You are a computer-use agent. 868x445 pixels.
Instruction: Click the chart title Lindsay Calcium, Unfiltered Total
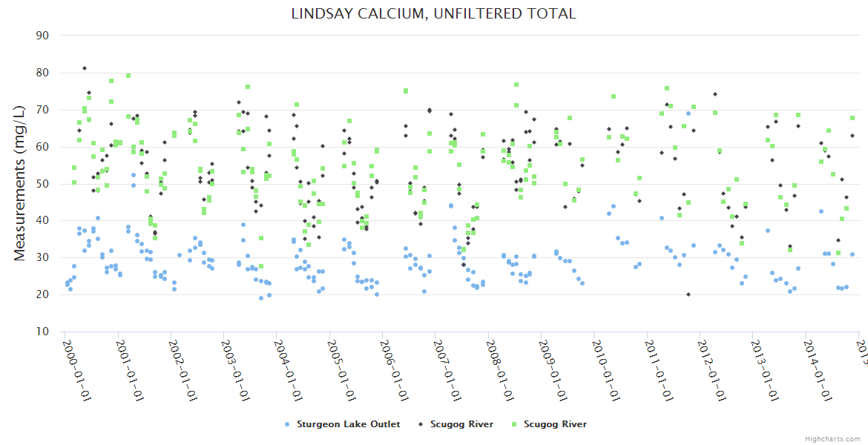coord(433,13)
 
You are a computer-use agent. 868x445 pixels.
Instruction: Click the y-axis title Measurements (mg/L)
coord(19,183)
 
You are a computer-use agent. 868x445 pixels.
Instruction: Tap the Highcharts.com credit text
coord(833,439)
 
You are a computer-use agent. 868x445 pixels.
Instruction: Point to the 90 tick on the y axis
coord(42,36)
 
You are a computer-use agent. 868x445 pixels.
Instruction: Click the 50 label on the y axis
coord(42,183)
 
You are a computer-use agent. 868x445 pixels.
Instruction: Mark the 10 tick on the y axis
coord(42,332)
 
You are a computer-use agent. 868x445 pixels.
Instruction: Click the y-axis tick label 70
coord(42,110)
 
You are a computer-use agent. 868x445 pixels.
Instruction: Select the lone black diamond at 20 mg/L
coord(688,294)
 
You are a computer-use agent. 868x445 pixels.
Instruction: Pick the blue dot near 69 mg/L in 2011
coord(688,113)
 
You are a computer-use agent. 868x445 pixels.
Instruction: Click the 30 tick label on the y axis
coord(42,257)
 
